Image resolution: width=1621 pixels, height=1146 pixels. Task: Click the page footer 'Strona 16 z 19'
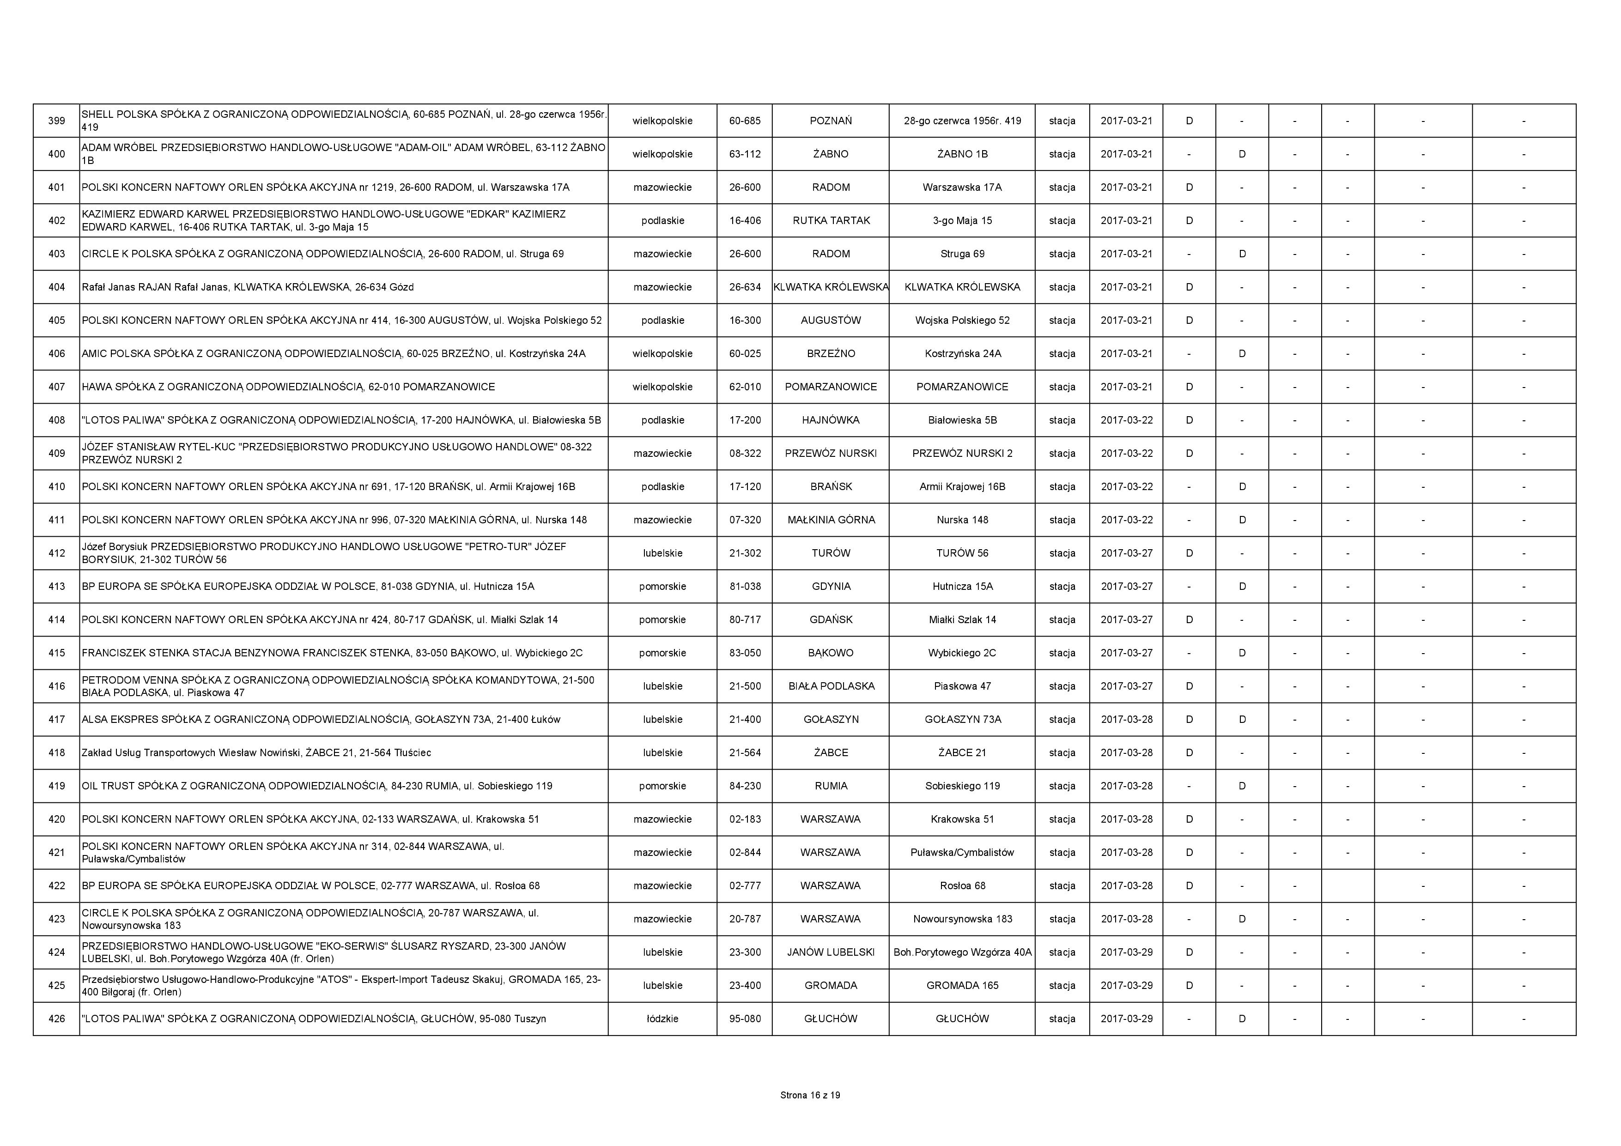click(810, 1095)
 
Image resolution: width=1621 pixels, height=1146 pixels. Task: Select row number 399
click(56, 121)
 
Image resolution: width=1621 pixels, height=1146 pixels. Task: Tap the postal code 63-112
click(745, 154)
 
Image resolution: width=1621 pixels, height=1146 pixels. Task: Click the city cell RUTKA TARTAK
click(831, 220)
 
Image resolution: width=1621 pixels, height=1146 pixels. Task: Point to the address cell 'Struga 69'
click(962, 254)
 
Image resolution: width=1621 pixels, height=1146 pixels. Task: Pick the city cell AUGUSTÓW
click(831, 320)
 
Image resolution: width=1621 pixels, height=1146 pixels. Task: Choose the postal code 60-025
click(745, 353)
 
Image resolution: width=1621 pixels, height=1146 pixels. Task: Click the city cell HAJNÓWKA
click(831, 420)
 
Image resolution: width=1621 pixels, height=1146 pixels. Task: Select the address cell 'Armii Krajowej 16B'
click(962, 486)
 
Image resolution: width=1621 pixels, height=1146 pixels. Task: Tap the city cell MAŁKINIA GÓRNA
click(831, 520)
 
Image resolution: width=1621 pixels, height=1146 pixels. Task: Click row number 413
click(56, 586)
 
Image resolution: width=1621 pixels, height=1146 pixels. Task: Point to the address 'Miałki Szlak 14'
click(962, 619)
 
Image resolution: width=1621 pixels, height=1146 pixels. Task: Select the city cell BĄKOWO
click(831, 652)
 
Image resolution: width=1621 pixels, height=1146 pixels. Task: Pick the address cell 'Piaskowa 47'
click(962, 685)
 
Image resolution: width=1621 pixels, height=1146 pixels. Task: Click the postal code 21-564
click(745, 753)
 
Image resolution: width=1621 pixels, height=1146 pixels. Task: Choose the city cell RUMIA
click(831, 786)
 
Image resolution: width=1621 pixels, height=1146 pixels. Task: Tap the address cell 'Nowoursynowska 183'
click(962, 919)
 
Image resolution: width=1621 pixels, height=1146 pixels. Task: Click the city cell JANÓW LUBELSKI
click(831, 952)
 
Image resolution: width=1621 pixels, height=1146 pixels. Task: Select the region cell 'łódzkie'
click(662, 1018)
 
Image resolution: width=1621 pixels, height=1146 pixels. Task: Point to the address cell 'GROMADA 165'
click(962, 985)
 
